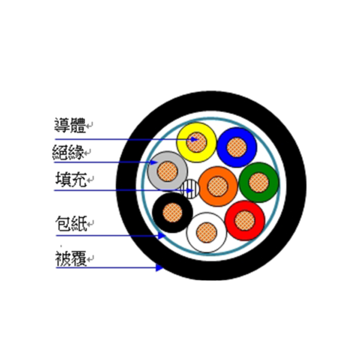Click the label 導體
[70, 125]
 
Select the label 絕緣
[68, 152]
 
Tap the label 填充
[71, 179]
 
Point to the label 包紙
[71, 223]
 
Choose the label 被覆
[71, 259]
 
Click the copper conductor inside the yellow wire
[196, 142]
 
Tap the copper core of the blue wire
[237, 147]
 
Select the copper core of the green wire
[259, 182]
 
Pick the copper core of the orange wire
[218, 187]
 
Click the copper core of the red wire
[245, 220]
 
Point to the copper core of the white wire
[206, 232]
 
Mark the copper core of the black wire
[172, 212]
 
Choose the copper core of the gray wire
[167, 171]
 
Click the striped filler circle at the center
[190, 189]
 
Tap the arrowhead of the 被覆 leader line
[160, 268]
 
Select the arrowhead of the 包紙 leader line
[162, 236]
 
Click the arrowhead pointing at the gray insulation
[154, 163]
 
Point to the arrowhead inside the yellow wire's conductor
[194, 139]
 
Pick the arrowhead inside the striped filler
[190, 190]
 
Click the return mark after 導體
[89, 125]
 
